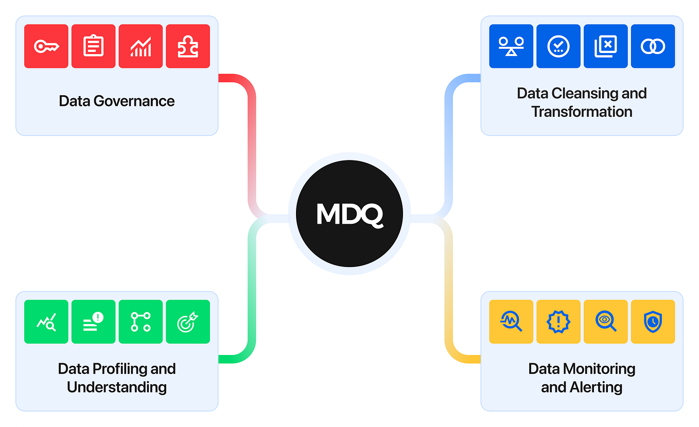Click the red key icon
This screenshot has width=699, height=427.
pos(46,46)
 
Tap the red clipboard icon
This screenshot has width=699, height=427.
pos(93,46)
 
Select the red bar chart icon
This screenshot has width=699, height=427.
pos(141,46)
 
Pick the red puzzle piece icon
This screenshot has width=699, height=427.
pos(188,46)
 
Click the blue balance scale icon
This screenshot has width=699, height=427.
pos(511,46)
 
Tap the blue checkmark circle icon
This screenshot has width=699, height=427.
pos(558,46)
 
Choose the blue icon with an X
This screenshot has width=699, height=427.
pos(605,46)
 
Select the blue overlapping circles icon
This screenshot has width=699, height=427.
pos(653,46)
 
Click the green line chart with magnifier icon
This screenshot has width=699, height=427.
pos(46,322)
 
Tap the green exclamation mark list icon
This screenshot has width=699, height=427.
pos(93,322)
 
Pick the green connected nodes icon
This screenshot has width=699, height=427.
pos(141,322)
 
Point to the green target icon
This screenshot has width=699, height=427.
pos(188,322)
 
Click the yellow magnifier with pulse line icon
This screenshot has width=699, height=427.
pos(511,322)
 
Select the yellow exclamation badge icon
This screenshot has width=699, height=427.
pos(558,322)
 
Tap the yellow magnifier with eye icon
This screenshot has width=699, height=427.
pos(605,322)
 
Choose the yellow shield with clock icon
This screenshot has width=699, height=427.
pos(653,322)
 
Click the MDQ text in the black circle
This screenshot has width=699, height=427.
pos(349,214)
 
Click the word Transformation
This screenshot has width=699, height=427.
pos(582,112)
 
